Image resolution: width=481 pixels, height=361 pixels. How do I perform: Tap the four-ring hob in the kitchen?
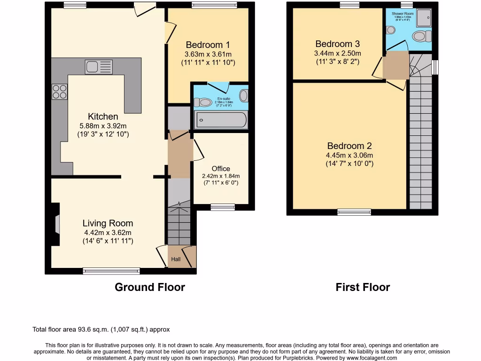pyautogui.click(x=59, y=91)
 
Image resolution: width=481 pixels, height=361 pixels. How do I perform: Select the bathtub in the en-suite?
pyautogui.click(x=221, y=120)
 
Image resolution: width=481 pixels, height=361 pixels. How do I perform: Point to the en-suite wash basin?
pyautogui.click(x=243, y=96)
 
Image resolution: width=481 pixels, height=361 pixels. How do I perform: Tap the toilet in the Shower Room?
pyautogui.click(x=424, y=36)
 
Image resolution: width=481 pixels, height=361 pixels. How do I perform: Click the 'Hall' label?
pyautogui.click(x=175, y=259)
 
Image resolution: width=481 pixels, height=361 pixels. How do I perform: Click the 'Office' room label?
pyautogui.click(x=221, y=169)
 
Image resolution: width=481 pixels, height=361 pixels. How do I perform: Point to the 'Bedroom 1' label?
pyautogui.click(x=208, y=45)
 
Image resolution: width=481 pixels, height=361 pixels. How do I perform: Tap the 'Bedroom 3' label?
pyautogui.click(x=337, y=44)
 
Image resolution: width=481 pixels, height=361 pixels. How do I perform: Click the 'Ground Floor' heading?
pyautogui.click(x=150, y=287)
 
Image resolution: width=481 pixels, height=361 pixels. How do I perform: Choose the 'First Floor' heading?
pyautogui.click(x=363, y=287)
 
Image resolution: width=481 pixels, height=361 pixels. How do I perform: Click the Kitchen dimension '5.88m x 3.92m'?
pyautogui.click(x=102, y=126)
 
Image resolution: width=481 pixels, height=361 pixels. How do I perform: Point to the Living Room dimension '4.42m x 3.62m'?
pyautogui.click(x=108, y=232)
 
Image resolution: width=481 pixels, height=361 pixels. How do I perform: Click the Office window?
pyautogui.click(x=223, y=206)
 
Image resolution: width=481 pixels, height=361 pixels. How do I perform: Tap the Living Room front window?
pyautogui.click(x=111, y=271)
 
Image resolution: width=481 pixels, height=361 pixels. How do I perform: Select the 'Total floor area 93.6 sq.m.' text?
pyautogui.click(x=101, y=330)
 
